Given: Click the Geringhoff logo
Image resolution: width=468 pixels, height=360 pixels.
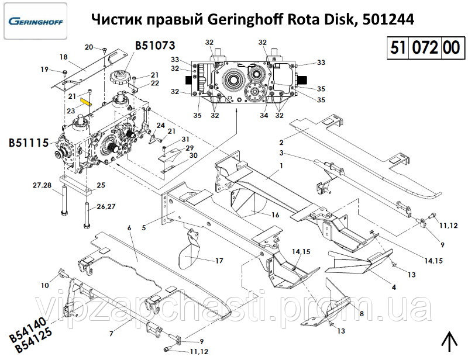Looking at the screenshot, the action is [36, 22].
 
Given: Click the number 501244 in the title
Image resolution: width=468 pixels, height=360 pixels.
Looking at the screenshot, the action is [388, 20].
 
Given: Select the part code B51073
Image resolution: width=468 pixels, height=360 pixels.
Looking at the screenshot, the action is [155, 46].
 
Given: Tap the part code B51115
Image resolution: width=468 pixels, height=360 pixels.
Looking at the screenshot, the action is [29, 143].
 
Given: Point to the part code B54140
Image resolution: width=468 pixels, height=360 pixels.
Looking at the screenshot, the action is [28, 330].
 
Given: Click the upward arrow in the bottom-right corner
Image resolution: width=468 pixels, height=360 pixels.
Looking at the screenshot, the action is [449, 342].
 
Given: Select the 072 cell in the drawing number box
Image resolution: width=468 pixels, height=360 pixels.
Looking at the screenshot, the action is [425, 48].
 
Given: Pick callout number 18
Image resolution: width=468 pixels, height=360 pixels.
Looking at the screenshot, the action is [64, 57].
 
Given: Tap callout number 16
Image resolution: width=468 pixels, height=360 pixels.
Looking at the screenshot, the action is [275, 214].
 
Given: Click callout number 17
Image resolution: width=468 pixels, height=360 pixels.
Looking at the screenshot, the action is [219, 261].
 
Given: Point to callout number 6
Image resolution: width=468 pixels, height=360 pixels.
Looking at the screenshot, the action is [129, 228].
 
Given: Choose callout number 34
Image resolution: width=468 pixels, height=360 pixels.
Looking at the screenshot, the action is [264, 115].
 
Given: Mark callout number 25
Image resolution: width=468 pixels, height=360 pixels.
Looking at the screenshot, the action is [101, 185].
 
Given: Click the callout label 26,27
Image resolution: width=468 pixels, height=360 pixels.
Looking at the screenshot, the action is [106, 206].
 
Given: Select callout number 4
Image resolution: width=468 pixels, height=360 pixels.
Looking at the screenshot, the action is [394, 287].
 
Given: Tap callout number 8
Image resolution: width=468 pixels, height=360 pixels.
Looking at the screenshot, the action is [362, 313].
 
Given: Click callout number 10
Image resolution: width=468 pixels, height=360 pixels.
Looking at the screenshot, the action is [45, 285].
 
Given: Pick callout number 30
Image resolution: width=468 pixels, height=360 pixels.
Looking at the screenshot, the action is [194, 155].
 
